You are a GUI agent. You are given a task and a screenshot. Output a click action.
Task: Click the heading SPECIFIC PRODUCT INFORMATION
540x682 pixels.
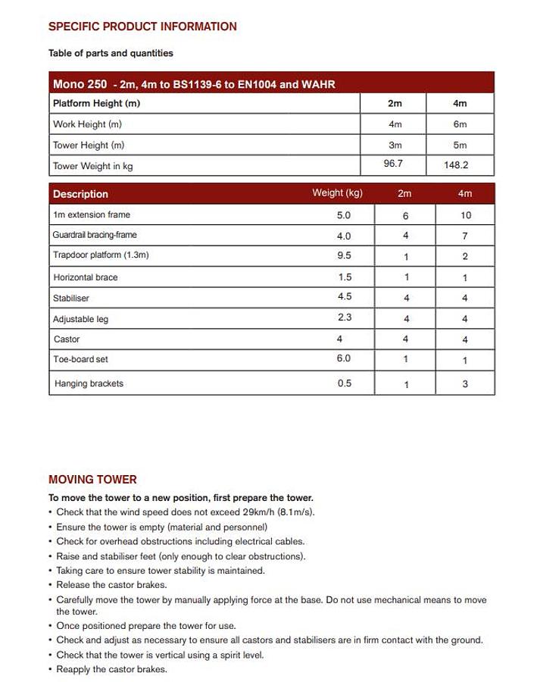(x=142, y=27)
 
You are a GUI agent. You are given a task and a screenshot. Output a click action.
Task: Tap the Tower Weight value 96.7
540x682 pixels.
(x=393, y=163)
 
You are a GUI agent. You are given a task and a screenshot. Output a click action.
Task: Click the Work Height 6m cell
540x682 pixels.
(x=460, y=124)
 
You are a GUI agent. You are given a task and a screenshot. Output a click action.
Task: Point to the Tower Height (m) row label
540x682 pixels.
(x=89, y=145)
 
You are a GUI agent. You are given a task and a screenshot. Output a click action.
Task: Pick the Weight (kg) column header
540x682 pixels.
(x=337, y=193)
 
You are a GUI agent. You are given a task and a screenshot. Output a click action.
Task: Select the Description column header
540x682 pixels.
(x=80, y=194)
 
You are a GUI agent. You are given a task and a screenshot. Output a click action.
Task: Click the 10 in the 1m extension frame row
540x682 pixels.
(x=465, y=215)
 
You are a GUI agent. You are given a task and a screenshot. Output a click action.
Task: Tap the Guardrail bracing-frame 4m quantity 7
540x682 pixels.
(x=465, y=236)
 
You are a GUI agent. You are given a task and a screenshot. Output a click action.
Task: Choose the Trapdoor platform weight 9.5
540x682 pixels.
(x=344, y=256)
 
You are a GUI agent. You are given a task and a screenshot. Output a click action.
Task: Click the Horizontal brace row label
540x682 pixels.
(x=86, y=277)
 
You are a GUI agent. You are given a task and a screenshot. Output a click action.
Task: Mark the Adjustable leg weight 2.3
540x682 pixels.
(x=344, y=318)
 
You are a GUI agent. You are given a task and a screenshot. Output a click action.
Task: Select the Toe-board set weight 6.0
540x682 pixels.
(x=344, y=358)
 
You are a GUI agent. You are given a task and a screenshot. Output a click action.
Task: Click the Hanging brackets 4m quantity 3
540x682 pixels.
(x=465, y=384)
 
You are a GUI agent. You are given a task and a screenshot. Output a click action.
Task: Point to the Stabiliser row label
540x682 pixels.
(x=71, y=299)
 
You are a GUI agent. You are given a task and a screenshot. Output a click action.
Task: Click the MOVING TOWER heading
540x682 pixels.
(x=92, y=480)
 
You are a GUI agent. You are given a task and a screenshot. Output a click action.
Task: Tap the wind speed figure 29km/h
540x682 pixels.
(x=253, y=512)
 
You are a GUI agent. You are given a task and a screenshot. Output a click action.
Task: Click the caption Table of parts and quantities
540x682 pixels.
(x=111, y=53)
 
